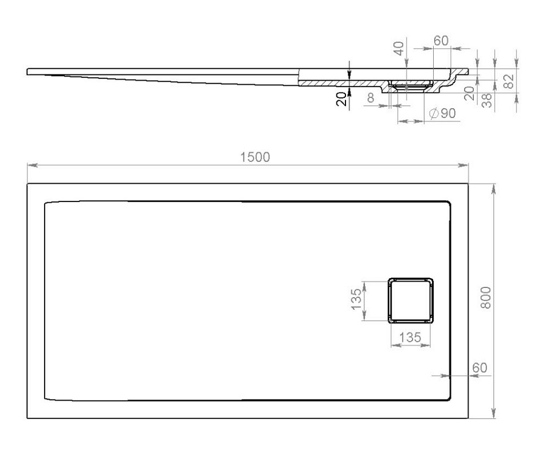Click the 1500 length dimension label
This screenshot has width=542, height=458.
pos(255,157)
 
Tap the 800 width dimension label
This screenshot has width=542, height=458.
pos(486,297)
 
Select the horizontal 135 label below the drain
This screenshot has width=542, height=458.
pos(410,337)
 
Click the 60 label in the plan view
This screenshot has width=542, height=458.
pos(480,368)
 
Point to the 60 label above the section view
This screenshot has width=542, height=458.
pos(441,41)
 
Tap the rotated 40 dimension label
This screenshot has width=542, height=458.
pos(399,48)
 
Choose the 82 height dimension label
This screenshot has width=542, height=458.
pos(509,81)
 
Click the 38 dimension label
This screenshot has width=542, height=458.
pos(486,100)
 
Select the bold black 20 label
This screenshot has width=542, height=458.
pos(341,99)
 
